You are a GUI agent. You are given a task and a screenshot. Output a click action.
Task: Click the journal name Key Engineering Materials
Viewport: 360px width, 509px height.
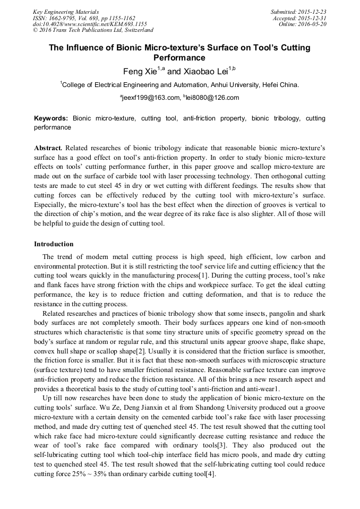point(65,11)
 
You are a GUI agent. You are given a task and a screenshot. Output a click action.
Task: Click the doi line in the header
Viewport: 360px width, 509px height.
point(90,24)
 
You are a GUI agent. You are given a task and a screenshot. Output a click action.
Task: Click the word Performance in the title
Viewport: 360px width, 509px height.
point(179,57)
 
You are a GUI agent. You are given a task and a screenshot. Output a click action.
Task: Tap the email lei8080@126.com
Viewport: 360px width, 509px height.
point(213,98)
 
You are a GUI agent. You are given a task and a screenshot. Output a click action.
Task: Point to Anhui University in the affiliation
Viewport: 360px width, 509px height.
point(230,84)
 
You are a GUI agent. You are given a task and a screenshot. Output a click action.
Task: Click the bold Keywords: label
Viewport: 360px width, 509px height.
point(51,118)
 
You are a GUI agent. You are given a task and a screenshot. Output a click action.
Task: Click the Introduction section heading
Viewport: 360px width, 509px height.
point(54,244)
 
